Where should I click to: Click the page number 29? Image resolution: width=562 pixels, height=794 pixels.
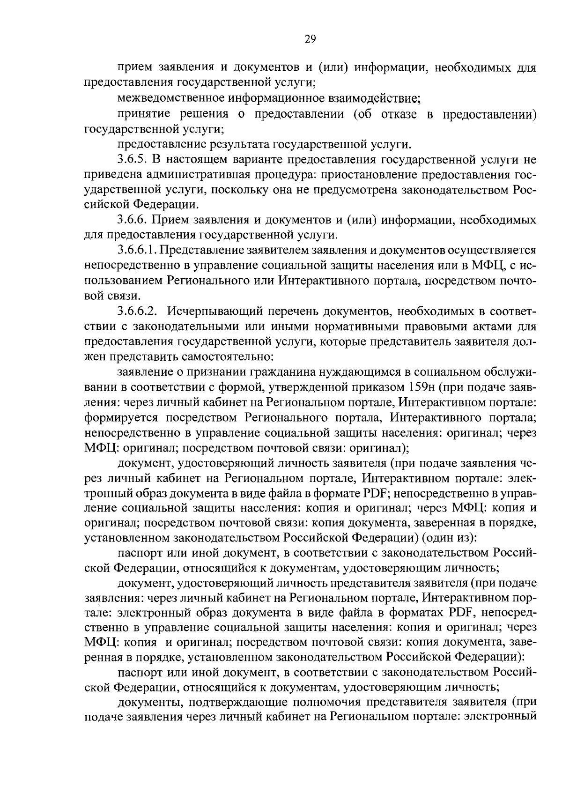click(310, 39)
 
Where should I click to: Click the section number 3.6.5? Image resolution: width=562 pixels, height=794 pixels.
click(132, 160)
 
